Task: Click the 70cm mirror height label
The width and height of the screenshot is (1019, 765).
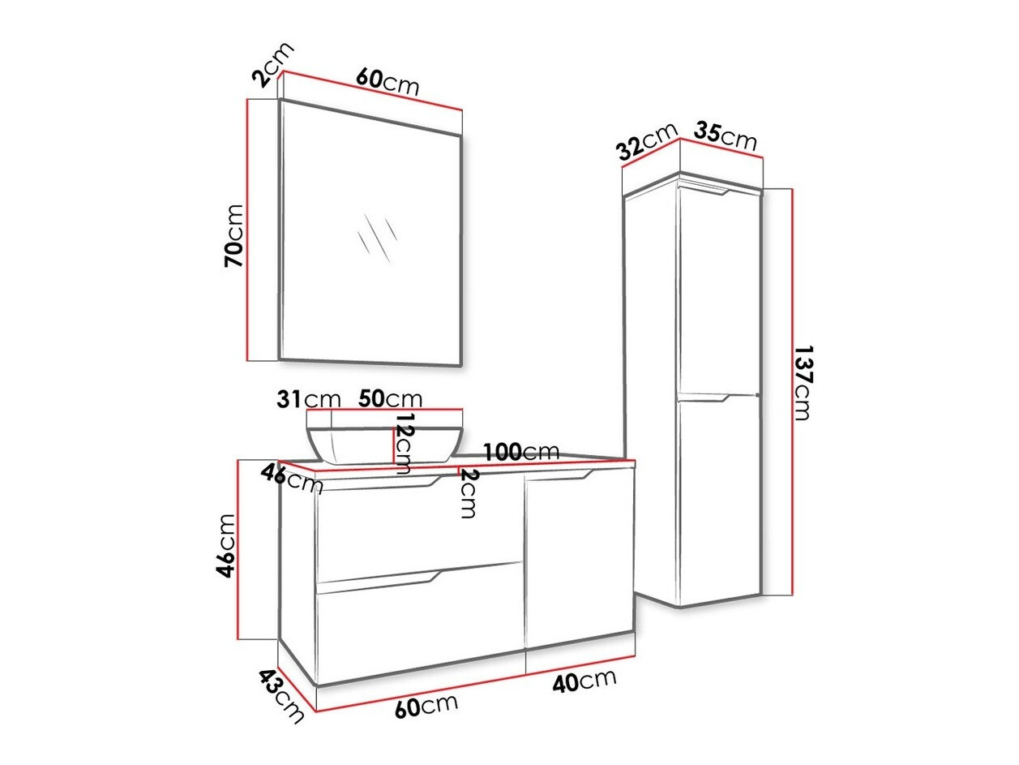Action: click(233, 235)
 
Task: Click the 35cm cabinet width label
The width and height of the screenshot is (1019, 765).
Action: click(726, 135)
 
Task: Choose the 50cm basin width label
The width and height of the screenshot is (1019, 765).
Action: click(391, 399)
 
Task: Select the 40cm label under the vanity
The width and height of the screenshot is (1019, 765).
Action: click(584, 680)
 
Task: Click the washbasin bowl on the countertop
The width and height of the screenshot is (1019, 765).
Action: click(384, 442)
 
